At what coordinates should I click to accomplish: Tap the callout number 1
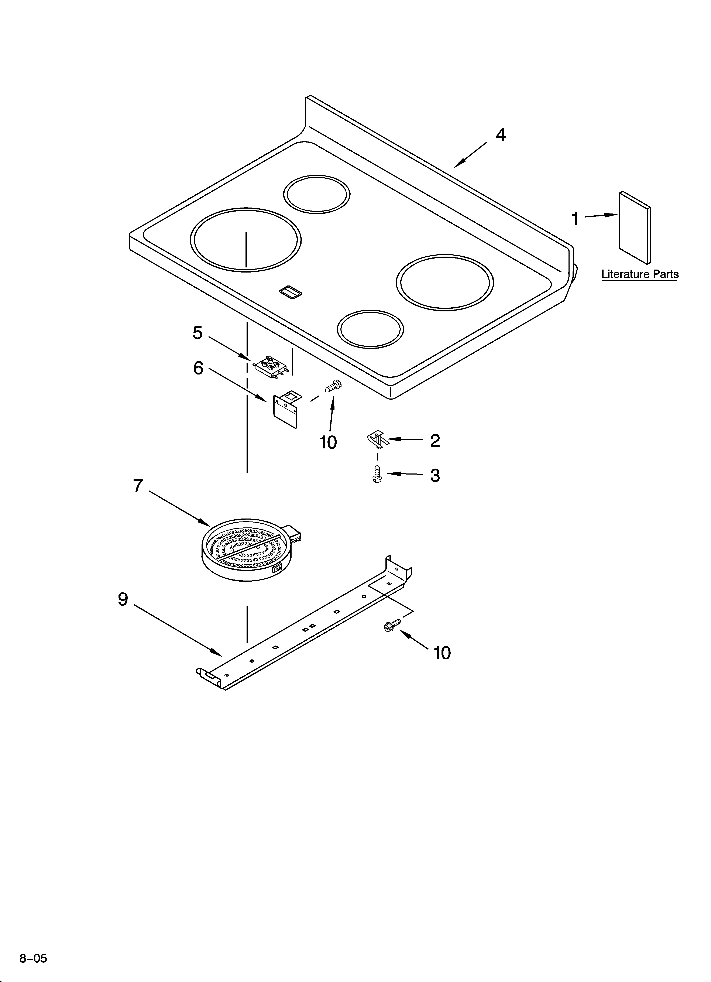click(575, 219)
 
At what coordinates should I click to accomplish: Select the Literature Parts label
click(640, 274)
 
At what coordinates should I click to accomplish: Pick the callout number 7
click(138, 486)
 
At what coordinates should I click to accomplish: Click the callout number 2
click(435, 441)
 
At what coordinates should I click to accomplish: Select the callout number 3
click(435, 475)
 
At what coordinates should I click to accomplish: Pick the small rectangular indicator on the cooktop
click(291, 292)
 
